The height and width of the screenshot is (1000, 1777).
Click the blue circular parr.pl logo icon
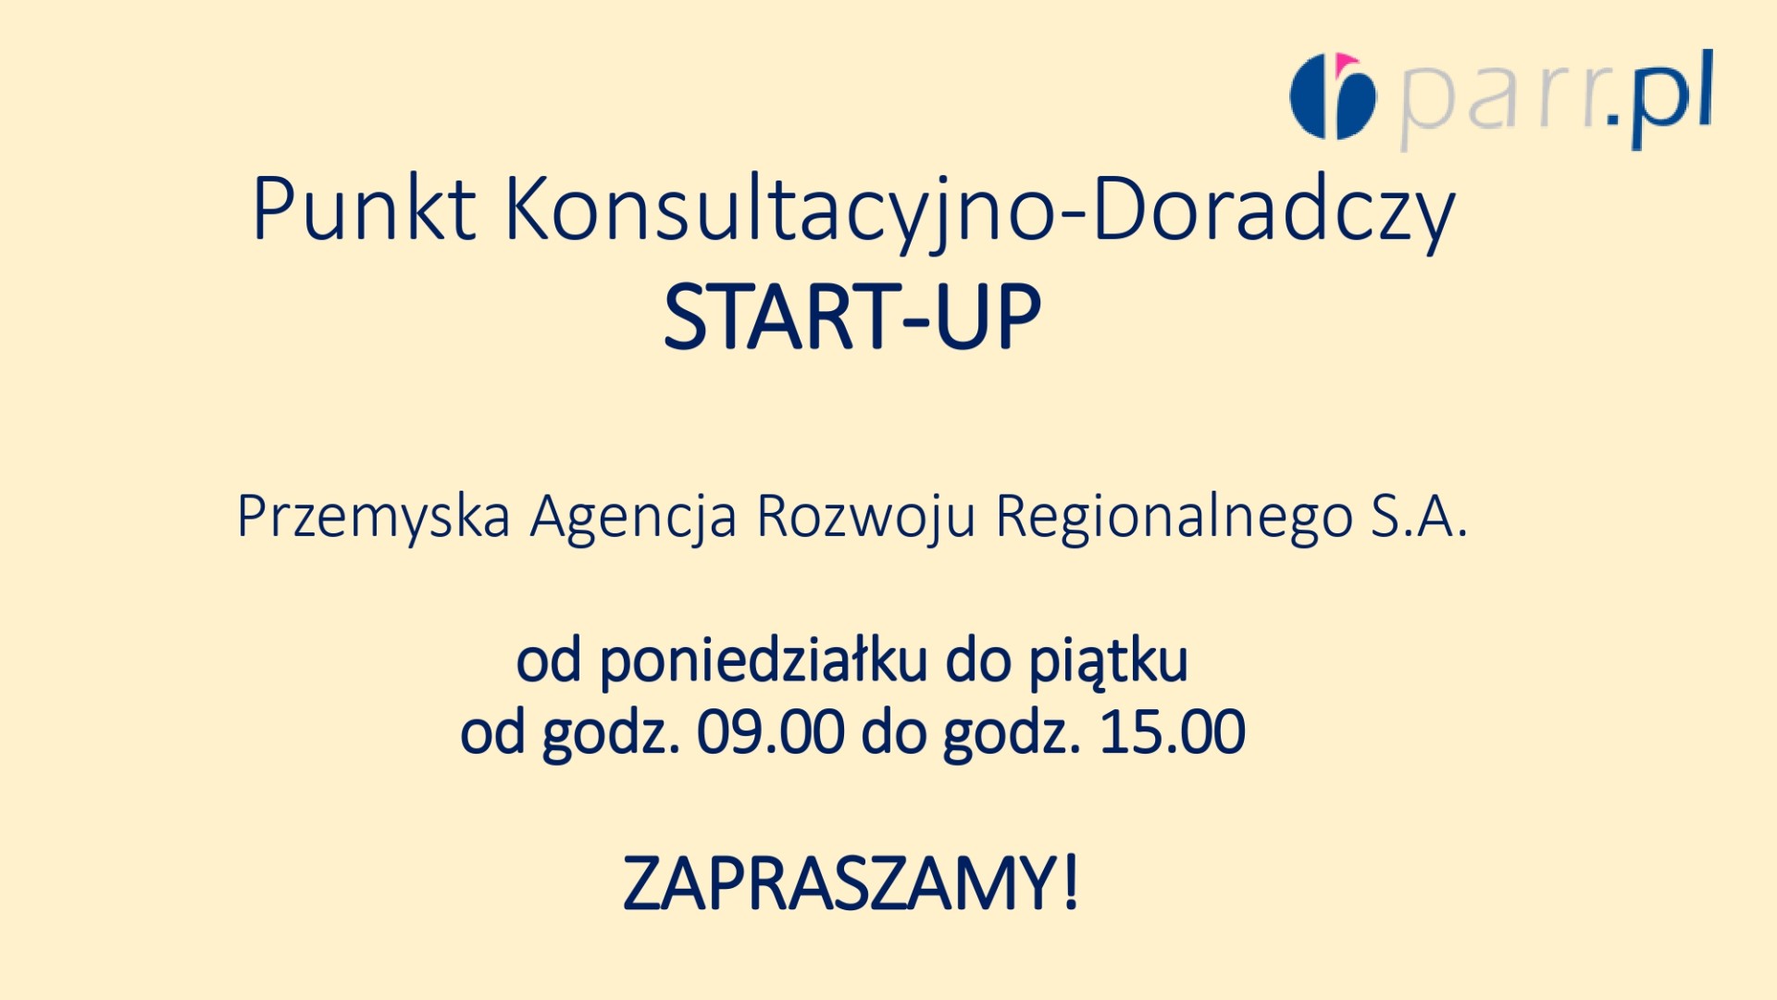(1333, 96)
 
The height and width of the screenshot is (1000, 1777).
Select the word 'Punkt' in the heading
(364, 209)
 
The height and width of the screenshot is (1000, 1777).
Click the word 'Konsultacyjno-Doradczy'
(980, 214)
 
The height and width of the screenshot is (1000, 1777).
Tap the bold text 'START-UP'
(852, 317)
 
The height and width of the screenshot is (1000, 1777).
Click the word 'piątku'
(1109, 663)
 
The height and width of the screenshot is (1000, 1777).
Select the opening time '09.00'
(770, 731)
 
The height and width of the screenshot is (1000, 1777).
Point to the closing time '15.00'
(1172, 731)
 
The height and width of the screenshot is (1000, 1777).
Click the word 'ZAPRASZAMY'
(840, 883)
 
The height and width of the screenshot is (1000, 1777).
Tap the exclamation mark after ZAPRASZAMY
(1071, 883)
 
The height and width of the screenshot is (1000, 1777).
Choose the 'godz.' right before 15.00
(1013, 735)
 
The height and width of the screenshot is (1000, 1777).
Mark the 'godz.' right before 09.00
(611, 735)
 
